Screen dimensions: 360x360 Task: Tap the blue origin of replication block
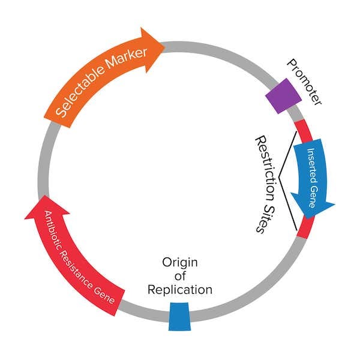point(178,316)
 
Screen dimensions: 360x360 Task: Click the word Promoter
point(304,82)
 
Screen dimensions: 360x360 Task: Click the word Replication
point(180,290)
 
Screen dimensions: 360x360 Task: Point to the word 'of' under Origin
point(180,276)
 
